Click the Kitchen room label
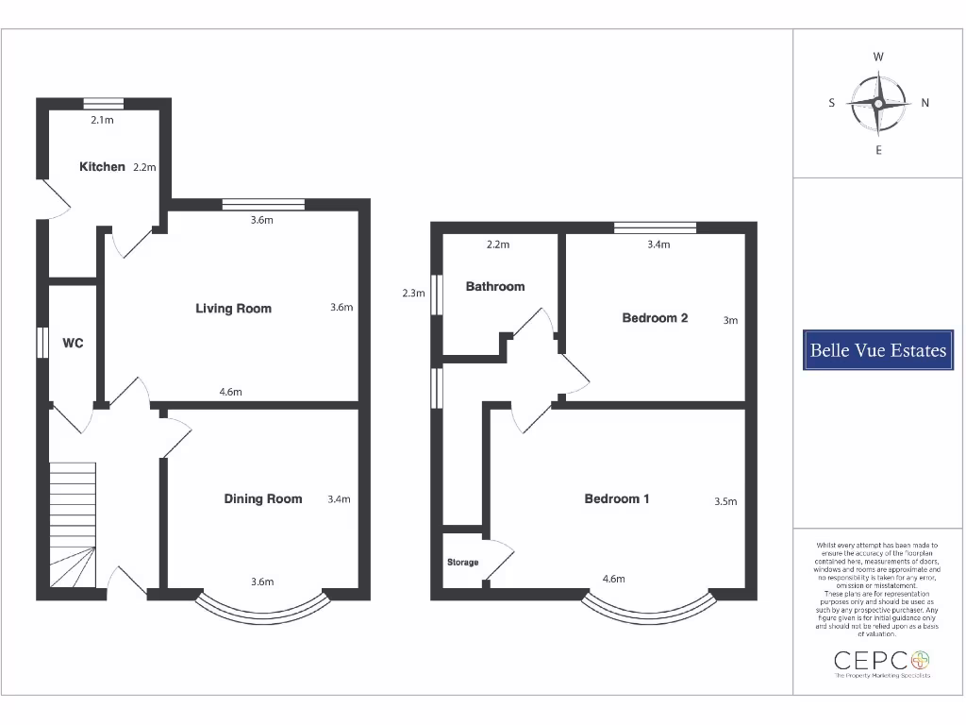(102, 167)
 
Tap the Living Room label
(233, 309)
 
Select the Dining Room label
(263, 499)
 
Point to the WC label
(73, 344)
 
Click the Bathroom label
(495, 287)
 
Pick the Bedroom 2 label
(655, 318)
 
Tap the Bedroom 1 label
(617, 499)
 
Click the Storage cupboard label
(462, 563)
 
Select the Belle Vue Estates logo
(878, 350)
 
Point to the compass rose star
(878, 104)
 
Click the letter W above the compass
(878, 58)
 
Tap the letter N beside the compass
(925, 104)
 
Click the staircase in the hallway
(73, 529)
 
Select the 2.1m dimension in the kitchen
(102, 121)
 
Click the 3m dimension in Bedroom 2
(730, 321)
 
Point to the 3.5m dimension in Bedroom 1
(725, 502)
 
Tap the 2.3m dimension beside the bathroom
(413, 294)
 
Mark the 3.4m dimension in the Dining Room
(339, 499)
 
